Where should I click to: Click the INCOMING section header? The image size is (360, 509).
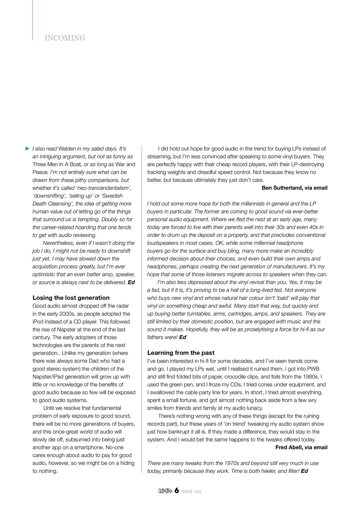click(x=65, y=38)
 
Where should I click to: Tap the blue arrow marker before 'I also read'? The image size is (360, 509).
click(x=27, y=148)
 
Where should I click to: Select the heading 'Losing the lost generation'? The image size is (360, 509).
click(x=71, y=297)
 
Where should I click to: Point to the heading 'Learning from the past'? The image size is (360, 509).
click(x=181, y=353)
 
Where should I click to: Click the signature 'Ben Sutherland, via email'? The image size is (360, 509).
click(x=294, y=188)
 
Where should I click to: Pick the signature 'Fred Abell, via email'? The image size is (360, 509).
click(x=301, y=447)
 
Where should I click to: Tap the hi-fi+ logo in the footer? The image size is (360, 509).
click(x=165, y=491)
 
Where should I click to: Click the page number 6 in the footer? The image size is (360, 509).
click(x=176, y=491)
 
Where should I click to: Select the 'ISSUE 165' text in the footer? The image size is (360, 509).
click(x=191, y=492)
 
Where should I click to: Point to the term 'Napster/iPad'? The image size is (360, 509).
click(x=48, y=377)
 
